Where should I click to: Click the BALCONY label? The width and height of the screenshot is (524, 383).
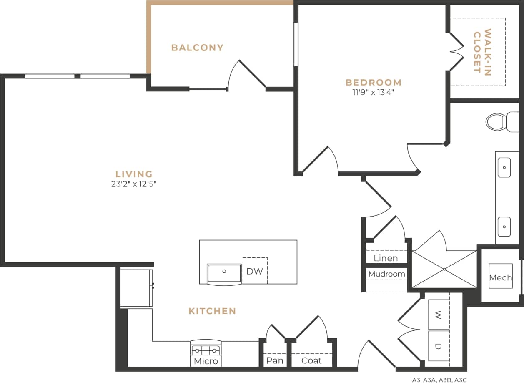tap(197, 48)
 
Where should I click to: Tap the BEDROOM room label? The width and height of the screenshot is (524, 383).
tap(373, 82)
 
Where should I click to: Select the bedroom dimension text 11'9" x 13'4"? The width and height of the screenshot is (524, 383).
tap(373, 92)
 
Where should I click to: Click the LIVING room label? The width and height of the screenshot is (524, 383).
tap(134, 174)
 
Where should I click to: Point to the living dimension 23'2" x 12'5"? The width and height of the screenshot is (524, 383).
tap(134, 184)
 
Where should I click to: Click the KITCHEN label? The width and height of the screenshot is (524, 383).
tap(212, 311)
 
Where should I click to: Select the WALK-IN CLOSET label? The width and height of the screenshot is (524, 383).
tap(482, 51)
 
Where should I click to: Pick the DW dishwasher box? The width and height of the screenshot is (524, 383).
tap(255, 271)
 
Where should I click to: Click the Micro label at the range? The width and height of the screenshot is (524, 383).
tap(206, 361)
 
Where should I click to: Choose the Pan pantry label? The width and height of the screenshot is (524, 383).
tap(275, 360)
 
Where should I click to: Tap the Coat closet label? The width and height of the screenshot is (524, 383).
tap(311, 360)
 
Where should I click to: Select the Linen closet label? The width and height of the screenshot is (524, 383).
tap(386, 258)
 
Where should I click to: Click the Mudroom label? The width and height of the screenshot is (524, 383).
tap(386, 274)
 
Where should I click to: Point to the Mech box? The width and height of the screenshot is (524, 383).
tap(500, 277)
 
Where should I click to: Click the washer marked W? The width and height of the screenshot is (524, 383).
tap(439, 314)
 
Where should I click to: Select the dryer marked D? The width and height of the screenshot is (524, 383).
tap(439, 346)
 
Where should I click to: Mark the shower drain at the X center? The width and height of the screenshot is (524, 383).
tap(444, 269)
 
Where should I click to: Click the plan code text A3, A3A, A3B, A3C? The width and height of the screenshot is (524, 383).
tap(439, 380)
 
